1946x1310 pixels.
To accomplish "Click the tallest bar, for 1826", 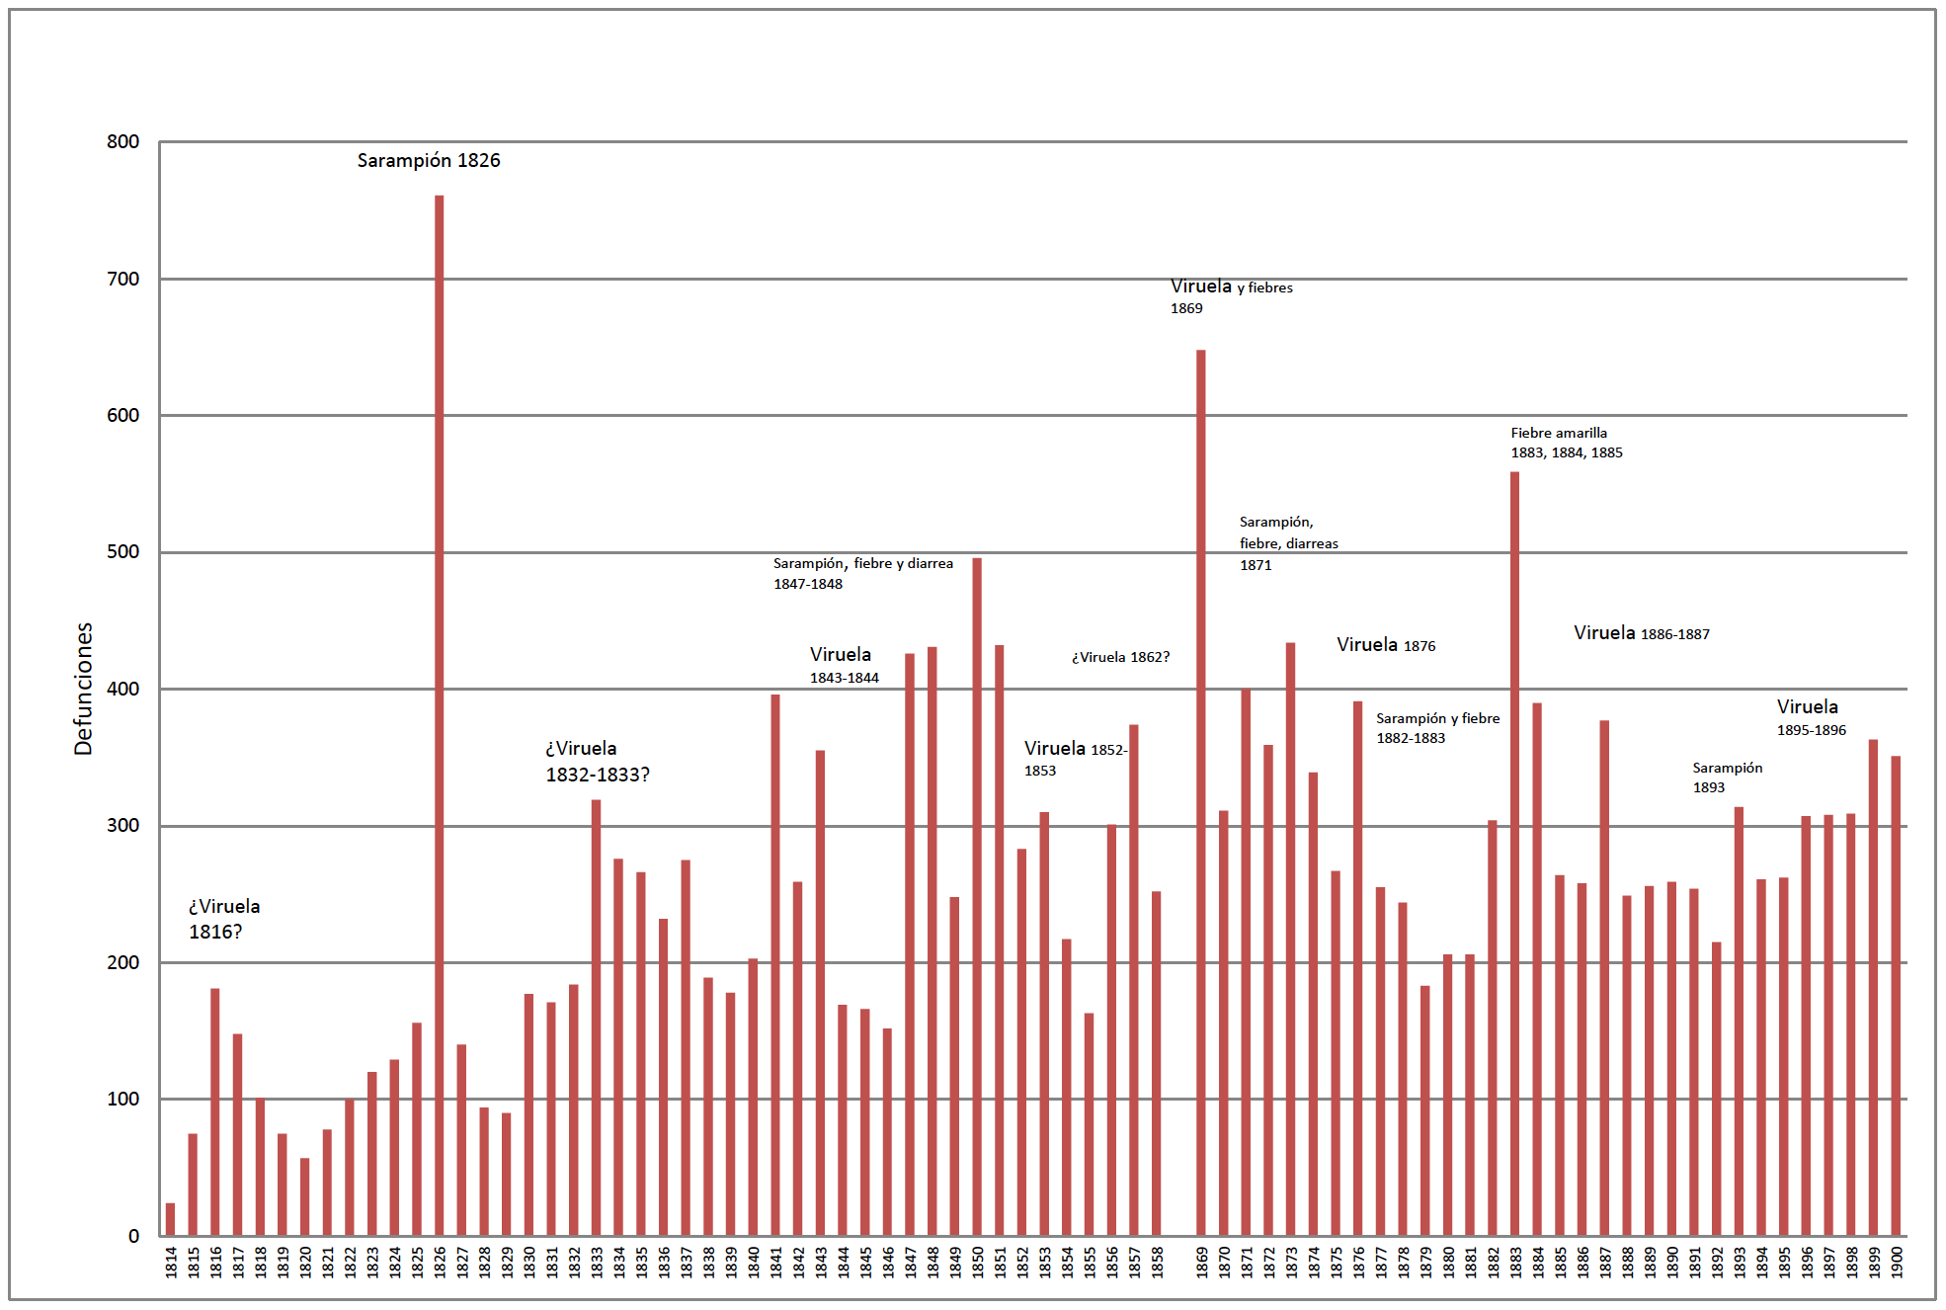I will click(440, 711).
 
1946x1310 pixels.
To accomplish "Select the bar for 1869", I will click(1201, 790).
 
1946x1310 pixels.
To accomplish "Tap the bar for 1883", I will click(1515, 850).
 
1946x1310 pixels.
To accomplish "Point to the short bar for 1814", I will click(170, 1219).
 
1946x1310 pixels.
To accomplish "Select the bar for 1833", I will click(596, 1018).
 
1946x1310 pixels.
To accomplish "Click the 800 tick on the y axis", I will click(123, 142).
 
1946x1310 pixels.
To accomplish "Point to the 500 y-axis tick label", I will click(123, 552).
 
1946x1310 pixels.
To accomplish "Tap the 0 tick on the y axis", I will click(133, 1236).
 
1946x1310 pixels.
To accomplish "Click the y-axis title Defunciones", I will click(84, 689).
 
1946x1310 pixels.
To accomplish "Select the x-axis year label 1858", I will click(1157, 1262).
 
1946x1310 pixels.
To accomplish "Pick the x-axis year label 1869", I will click(1202, 1262).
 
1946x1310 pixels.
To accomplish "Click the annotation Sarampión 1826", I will click(429, 160).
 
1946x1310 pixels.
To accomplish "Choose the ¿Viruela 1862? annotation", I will click(1120, 657).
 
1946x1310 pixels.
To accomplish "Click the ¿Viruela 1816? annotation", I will click(224, 919).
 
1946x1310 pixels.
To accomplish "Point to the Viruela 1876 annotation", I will click(1386, 645).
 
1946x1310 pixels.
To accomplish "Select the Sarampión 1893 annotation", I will click(1727, 778).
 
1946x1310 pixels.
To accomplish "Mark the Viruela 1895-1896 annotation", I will click(1811, 717).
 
